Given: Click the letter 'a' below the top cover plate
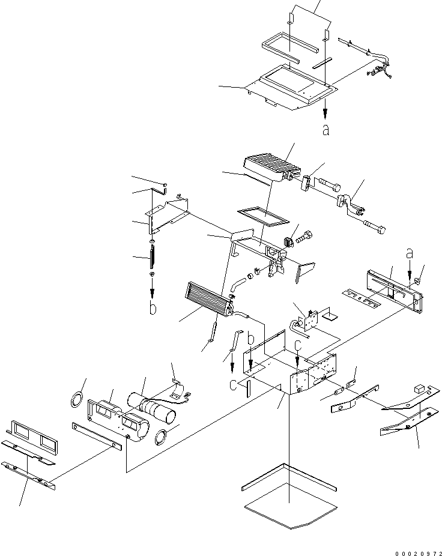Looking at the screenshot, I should coord(325,130).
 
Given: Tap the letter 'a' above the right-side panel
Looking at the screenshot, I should coord(410,255).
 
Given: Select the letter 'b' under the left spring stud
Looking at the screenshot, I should coord(153,308).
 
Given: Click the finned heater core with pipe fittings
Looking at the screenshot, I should coord(208,299).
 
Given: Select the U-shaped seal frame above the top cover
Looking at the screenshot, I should coord(281,50).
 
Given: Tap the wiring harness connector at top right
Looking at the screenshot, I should coord(378,72).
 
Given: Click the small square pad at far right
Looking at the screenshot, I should coord(420,387).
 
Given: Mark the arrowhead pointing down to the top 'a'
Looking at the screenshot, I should coord(325,115).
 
